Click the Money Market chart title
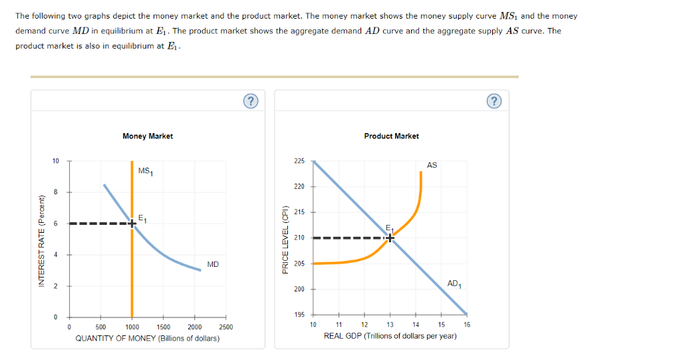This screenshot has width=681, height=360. tap(147, 136)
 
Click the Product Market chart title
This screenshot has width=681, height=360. tap(391, 136)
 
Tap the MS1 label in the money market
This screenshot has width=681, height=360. tap(145, 172)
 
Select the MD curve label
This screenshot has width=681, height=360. tap(213, 265)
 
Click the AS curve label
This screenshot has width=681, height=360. tap(432, 165)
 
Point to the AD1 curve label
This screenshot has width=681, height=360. tap(454, 285)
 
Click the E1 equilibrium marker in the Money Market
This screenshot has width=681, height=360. tap(132, 224)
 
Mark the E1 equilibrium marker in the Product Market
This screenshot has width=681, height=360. tap(390, 238)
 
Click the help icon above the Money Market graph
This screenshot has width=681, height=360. tap(249, 101)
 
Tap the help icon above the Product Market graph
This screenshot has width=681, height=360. tap(493, 101)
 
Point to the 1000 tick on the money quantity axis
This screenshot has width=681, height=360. tap(132, 327)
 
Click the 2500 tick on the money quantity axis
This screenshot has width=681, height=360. tap(226, 327)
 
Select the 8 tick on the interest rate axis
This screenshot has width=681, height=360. tap(56, 192)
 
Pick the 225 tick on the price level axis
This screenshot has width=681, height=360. tap(299, 161)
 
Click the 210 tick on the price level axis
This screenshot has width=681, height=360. tap(299, 238)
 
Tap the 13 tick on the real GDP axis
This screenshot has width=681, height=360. tap(390, 325)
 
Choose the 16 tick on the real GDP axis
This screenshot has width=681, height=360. tap(466, 325)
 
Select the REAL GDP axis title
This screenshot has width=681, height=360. tap(390, 336)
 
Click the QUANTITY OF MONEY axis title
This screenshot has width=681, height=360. tap(147, 338)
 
